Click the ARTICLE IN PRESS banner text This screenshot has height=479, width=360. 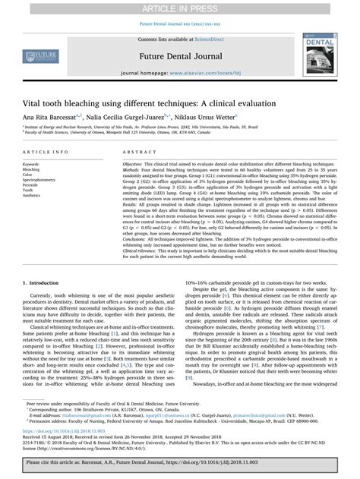coord(180,7)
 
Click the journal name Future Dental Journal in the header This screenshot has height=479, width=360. coord(180,56)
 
